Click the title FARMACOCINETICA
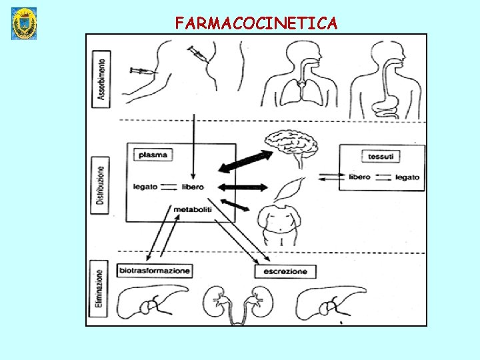[256, 23]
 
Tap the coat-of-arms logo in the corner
[24, 23]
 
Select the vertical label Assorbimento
[101, 79]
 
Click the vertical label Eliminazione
[100, 291]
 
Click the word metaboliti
[193, 209]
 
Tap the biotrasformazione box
[154, 271]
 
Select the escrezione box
[285, 271]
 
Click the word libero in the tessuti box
[359, 177]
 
